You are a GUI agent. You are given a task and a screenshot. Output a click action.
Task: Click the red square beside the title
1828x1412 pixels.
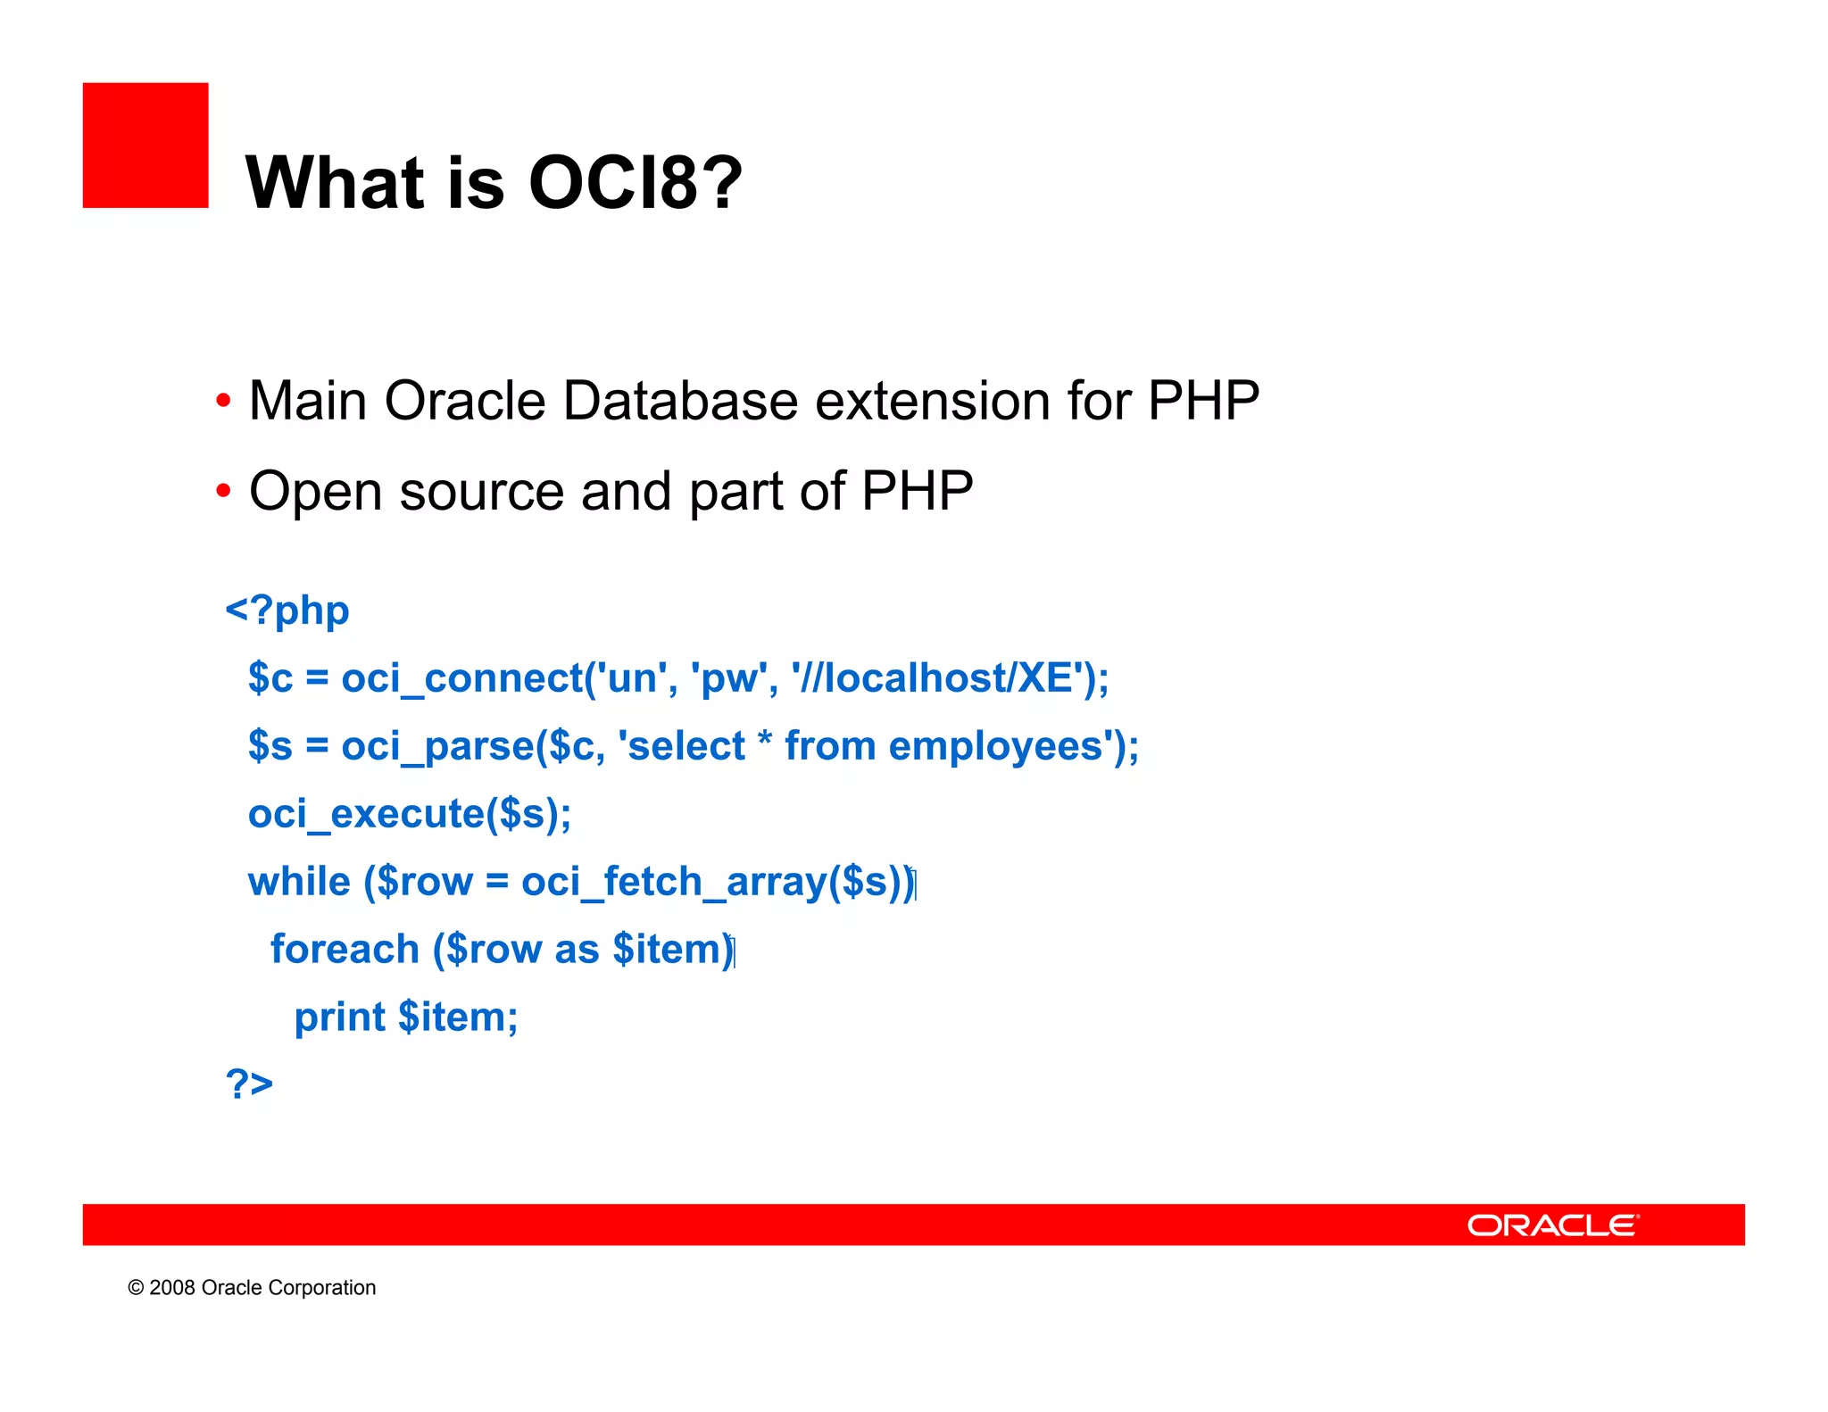[145, 145]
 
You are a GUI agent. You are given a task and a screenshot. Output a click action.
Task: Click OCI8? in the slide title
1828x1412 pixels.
[635, 183]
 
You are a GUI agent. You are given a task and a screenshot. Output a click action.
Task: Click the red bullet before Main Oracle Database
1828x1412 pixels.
[223, 401]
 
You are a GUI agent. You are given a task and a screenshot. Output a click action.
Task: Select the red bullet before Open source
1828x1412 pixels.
[223, 491]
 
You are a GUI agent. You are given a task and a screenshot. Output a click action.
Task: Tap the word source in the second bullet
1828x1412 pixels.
[482, 493]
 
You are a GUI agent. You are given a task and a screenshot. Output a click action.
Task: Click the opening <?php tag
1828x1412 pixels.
[287, 611]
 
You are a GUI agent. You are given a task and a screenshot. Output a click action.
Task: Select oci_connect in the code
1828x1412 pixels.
[461, 679]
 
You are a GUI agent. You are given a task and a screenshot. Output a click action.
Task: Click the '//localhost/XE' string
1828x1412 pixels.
[942, 678]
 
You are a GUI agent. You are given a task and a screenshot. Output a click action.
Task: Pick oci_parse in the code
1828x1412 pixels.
[437, 747]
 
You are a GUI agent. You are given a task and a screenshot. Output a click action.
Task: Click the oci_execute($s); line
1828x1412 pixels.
[410, 814]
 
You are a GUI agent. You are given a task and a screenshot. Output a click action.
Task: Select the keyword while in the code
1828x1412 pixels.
[299, 882]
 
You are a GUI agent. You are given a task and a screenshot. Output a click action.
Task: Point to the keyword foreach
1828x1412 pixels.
[345, 949]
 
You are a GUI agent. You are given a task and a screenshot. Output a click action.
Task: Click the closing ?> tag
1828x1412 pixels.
[249, 1084]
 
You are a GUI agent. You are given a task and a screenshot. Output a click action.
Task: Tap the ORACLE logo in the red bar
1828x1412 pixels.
[1552, 1225]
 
